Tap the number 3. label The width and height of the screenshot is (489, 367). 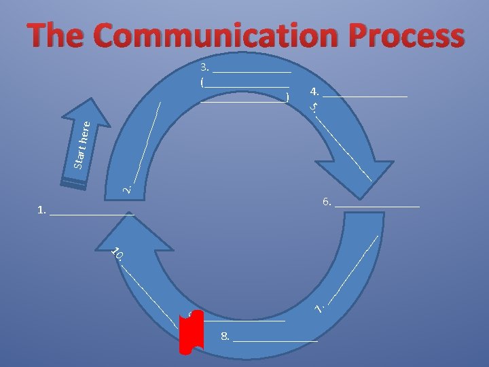[205, 67]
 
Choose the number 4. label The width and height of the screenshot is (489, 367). [314, 91]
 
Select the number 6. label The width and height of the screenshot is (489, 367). [327, 202]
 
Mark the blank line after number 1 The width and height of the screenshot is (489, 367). [92, 213]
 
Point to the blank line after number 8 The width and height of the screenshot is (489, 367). [275, 339]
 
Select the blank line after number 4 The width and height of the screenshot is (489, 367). [365, 96]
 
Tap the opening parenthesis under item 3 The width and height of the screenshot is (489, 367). [202, 82]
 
